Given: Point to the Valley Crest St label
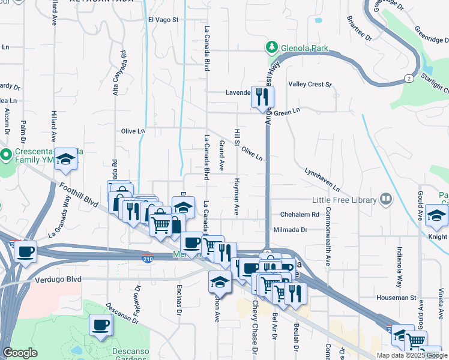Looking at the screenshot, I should pos(310,85).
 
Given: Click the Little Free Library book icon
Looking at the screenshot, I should pos(385,199).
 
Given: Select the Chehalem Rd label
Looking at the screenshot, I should pos(300,215).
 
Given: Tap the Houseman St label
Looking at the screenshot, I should pos(396,297).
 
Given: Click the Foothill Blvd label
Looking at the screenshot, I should pos(79,196).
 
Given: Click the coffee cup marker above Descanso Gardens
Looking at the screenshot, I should pos(100,325).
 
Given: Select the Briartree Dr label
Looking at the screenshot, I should pos(360,28).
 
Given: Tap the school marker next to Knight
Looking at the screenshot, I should pos(436,216).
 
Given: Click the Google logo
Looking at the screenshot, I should pos(20,353).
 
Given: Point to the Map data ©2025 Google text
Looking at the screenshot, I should pos(412,355).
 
